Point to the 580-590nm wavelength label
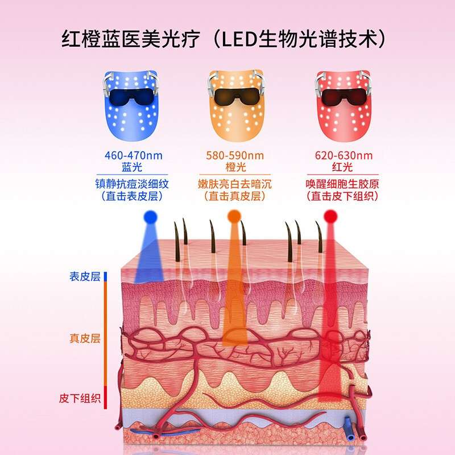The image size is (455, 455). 235,155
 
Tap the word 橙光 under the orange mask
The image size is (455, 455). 235,167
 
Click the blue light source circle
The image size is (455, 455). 150,216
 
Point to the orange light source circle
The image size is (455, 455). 234,216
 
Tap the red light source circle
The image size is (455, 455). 330,216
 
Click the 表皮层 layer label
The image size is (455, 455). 85,277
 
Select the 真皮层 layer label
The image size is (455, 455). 85,339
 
